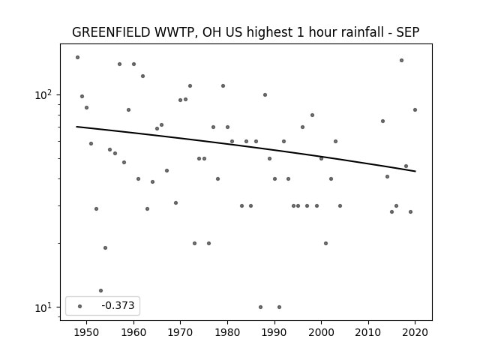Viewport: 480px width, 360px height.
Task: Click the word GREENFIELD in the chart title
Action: coord(111,32)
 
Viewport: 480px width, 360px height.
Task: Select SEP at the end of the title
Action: coord(408,32)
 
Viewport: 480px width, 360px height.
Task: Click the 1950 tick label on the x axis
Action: coord(87,332)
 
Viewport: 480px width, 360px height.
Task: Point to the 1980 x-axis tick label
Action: coord(227,332)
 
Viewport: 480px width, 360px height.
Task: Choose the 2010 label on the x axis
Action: coord(368,332)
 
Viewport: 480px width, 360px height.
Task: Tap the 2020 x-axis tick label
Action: coord(415,332)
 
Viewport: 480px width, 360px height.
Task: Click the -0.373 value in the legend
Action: coord(118,305)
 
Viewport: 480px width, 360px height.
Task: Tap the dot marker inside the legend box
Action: coord(80,306)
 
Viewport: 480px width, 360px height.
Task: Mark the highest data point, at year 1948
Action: coord(77,57)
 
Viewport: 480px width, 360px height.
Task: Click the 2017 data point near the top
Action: coord(401,60)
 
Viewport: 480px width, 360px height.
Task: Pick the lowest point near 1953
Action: coord(100,290)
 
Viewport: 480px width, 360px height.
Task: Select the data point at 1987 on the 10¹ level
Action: coord(260,307)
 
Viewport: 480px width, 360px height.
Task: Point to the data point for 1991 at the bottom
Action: coord(279,307)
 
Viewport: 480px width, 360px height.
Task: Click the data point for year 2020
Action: coord(415,110)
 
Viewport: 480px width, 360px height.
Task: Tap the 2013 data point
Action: coord(382,121)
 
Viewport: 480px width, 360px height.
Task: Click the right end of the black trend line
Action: coord(415,171)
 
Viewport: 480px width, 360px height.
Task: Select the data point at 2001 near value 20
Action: coord(325,243)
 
